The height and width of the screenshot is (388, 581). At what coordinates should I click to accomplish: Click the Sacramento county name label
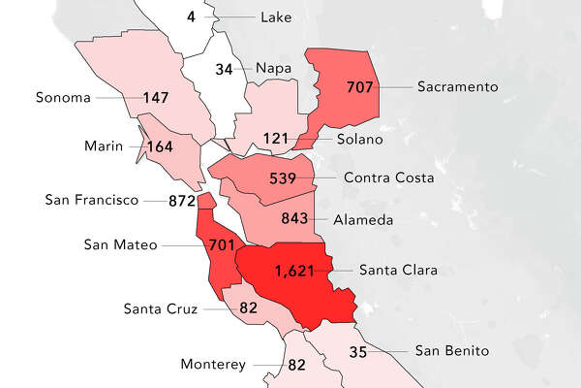point(458,87)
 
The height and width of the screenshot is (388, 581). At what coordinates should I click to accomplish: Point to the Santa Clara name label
point(399,270)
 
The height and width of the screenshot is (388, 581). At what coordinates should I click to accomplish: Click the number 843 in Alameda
point(296,220)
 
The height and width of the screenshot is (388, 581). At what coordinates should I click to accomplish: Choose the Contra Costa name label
point(387,178)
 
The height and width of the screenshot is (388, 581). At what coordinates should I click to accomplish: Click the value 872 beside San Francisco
point(181,201)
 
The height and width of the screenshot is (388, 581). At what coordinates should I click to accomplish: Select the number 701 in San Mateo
point(221,245)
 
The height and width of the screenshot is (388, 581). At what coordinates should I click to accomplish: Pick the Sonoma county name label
point(62,98)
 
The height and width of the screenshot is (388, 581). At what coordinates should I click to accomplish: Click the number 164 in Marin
point(161,146)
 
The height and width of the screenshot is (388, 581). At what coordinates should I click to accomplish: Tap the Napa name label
point(274,69)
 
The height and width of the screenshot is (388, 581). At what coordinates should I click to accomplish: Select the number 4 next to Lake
point(191,17)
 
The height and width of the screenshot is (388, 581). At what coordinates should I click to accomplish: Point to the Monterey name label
point(213,366)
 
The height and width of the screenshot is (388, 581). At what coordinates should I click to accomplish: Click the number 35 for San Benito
point(358,351)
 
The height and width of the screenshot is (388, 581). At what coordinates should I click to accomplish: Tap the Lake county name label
point(276,17)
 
